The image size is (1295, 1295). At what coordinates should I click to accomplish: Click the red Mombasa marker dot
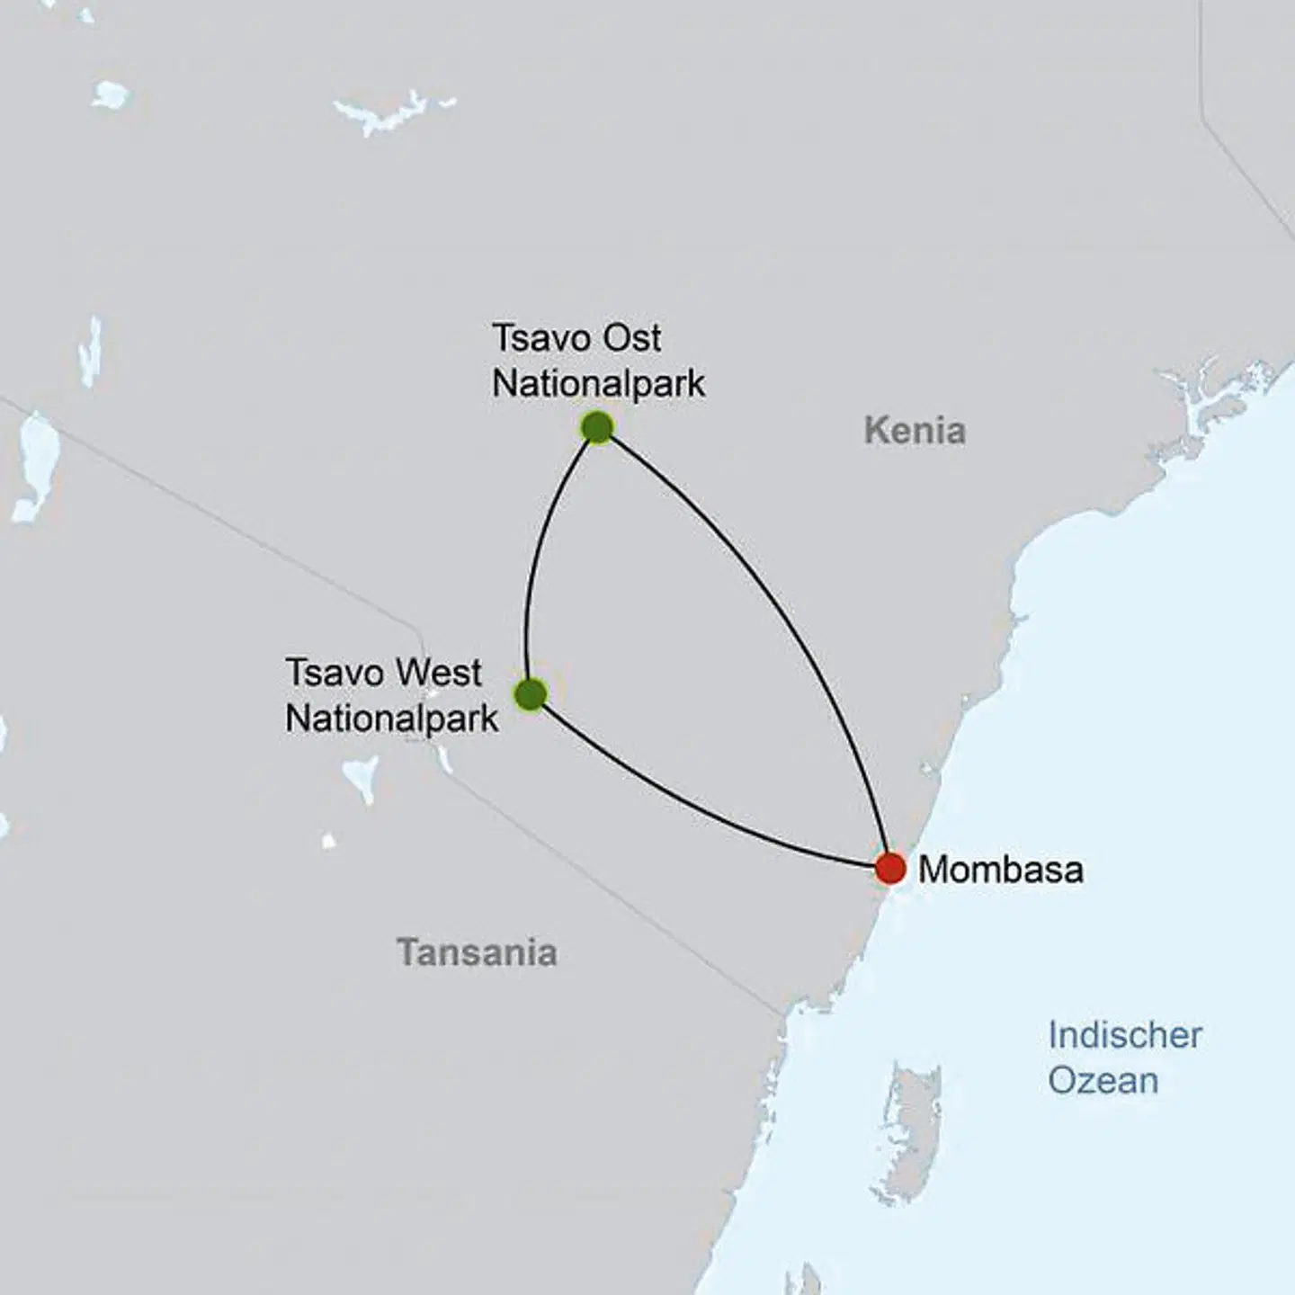tap(890, 869)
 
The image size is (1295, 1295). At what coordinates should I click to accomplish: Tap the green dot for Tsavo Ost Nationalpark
tap(597, 427)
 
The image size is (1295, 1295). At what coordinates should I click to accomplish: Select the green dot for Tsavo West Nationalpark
tap(531, 694)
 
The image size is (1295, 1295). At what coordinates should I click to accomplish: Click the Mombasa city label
tap(1000, 870)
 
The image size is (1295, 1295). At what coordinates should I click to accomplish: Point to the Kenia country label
tap(915, 431)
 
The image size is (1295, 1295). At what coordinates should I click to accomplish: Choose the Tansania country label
tap(478, 952)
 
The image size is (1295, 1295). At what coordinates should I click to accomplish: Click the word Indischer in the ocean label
tap(1124, 1035)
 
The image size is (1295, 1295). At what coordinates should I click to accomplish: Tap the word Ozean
tap(1103, 1080)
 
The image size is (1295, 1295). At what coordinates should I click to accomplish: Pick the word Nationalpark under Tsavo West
tap(391, 719)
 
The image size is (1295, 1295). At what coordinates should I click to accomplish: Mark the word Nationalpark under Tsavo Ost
tap(598, 384)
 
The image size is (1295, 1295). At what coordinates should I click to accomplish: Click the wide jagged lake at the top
tap(392, 112)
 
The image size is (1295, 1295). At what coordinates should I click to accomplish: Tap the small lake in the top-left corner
tap(110, 94)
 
